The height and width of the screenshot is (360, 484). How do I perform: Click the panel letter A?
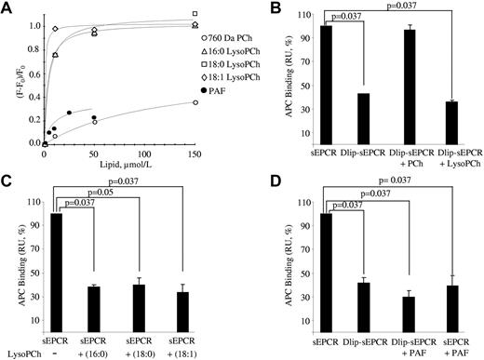[x=7, y=8]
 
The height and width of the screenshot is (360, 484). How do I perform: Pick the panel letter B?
[x=253, y=8]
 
